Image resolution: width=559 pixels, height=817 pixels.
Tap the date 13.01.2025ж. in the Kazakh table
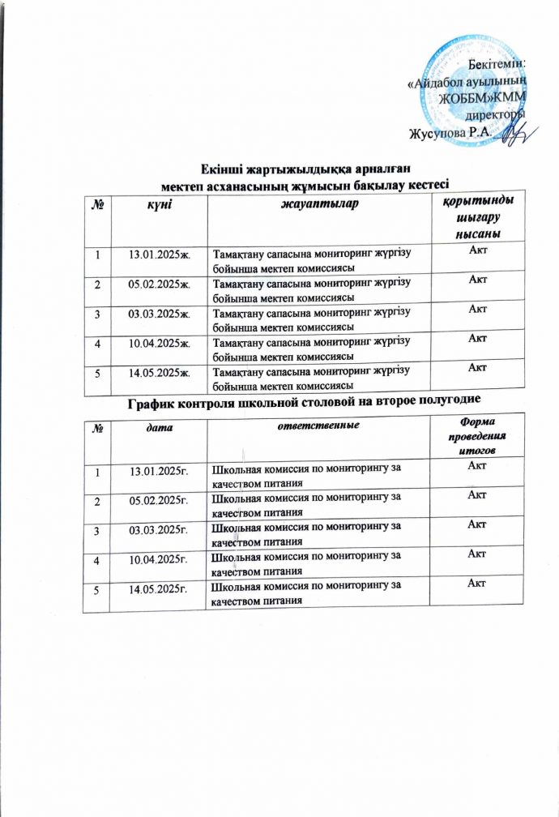[x=154, y=257]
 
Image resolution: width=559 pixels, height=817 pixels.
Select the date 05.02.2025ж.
[x=154, y=285]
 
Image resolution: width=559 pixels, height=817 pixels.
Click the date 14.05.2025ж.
[x=154, y=373]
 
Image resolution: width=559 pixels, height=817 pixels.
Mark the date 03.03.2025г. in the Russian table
[x=154, y=527]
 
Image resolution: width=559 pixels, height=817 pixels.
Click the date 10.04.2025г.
[x=154, y=556]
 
